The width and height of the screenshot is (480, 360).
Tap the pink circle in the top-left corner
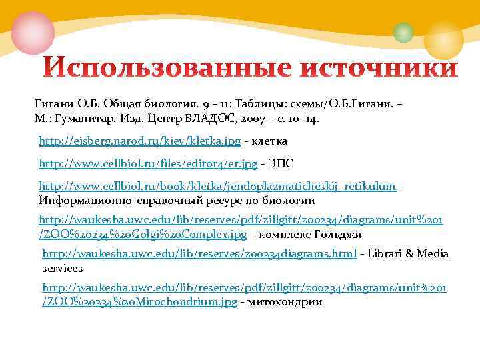[x=32, y=33]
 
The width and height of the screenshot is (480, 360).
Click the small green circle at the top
[x=403, y=32]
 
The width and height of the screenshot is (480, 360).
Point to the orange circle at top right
[x=443, y=38]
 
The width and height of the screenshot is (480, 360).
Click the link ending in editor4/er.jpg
[x=148, y=163]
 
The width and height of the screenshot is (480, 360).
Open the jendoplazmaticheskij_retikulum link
[x=217, y=186]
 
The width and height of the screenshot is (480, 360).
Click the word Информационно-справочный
[x=114, y=200]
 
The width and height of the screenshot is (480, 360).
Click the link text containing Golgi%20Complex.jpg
[x=143, y=234]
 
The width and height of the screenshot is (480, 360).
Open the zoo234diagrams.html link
[x=199, y=254]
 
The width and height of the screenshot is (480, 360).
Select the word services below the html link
[x=62, y=268]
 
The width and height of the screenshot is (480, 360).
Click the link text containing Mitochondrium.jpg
[x=139, y=302]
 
